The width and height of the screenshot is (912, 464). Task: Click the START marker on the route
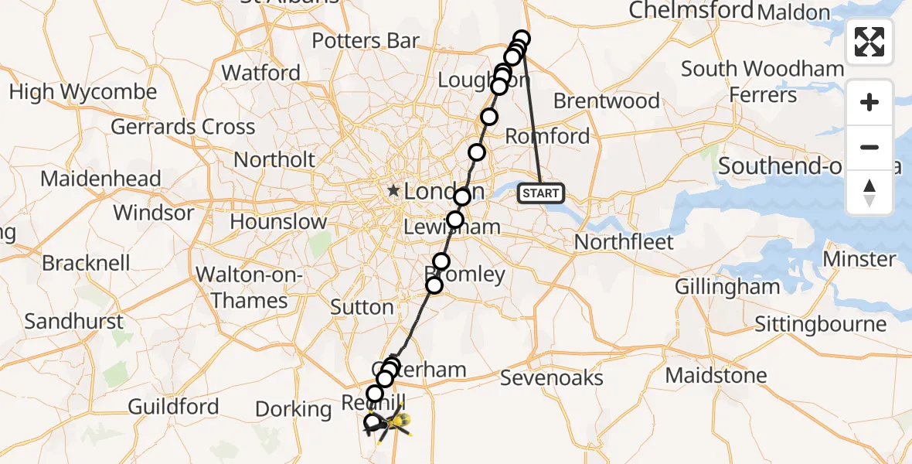click(x=541, y=193)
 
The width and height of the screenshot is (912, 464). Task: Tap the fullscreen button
click(x=869, y=42)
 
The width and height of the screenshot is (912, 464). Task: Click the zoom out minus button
click(x=869, y=147)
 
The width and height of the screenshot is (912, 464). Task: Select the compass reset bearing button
click(x=869, y=192)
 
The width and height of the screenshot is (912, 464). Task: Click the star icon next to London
click(x=394, y=190)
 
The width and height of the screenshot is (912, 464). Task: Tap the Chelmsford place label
click(x=690, y=10)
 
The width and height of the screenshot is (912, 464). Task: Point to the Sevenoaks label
click(x=551, y=377)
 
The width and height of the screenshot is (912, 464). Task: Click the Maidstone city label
click(x=716, y=376)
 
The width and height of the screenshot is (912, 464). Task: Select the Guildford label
click(x=173, y=406)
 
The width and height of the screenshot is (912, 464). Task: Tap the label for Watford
click(x=261, y=73)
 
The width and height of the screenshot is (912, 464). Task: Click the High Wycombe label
click(x=83, y=92)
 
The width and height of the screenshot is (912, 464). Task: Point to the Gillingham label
click(x=727, y=286)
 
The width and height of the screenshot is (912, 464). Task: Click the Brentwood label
click(x=607, y=101)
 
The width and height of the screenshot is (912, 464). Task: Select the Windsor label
click(x=154, y=212)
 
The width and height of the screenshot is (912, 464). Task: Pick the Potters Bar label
click(x=367, y=40)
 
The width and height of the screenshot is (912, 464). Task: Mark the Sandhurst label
click(x=73, y=321)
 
